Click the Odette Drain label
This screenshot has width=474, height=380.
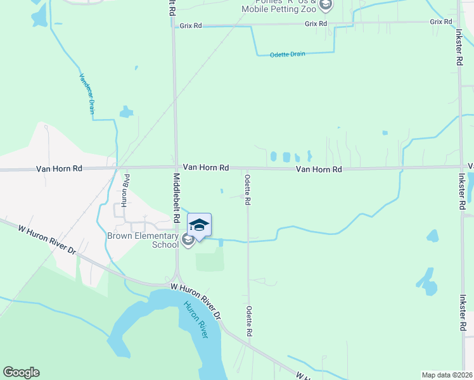point(288,54)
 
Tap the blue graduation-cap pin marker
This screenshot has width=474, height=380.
point(199,226)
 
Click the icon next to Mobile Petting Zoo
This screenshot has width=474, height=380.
point(325,6)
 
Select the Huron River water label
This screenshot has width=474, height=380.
point(196,320)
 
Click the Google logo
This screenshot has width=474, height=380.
point(21,372)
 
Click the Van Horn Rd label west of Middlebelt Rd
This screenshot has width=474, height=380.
point(59,169)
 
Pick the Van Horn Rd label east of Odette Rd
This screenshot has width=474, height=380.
point(319,170)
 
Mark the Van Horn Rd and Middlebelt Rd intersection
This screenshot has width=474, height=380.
point(175,168)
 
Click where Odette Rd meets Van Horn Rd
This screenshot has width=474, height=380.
point(247,168)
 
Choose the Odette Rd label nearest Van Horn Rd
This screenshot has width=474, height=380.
point(248,189)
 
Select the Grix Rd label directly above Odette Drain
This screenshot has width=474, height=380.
point(316,23)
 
